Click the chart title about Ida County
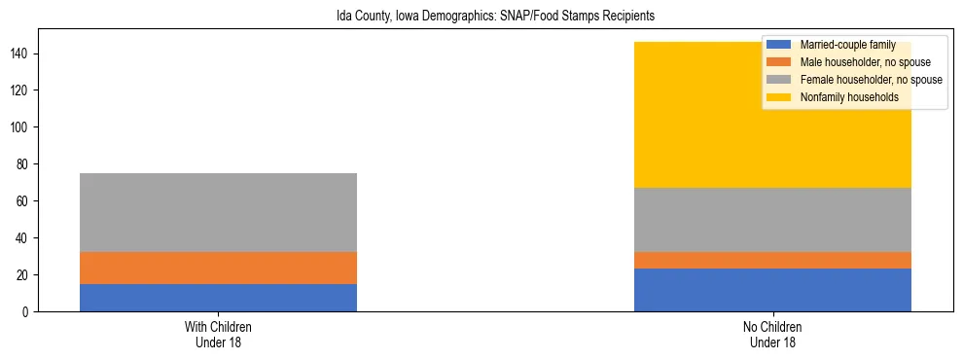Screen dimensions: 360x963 point(481,17)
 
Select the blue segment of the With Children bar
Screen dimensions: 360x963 point(218,298)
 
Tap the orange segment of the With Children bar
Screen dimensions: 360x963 point(218,268)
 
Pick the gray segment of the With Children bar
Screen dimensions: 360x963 point(218,212)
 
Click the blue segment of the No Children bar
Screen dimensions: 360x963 point(772,290)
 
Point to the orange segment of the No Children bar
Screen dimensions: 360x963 point(772,260)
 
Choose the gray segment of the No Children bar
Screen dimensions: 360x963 point(772,220)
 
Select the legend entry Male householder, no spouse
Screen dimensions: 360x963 point(857,62)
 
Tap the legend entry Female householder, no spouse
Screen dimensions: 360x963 point(871,80)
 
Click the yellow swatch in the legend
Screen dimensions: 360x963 point(780,97)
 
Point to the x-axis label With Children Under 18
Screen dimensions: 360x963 point(218,335)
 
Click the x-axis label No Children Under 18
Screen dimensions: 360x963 point(772,335)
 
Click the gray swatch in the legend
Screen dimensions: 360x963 point(780,80)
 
